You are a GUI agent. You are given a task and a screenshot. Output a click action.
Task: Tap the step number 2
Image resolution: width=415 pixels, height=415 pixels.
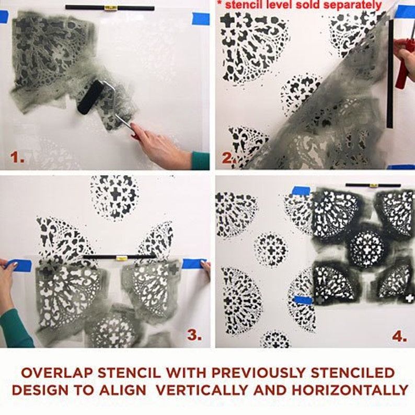point(227,157)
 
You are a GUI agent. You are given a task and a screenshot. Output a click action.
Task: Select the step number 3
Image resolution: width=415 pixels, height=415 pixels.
point(194,335)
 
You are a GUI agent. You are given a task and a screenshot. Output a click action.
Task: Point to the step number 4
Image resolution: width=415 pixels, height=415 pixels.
point(398,336)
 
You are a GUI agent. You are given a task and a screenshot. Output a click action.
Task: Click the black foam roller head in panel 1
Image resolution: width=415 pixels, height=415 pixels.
point(91,97)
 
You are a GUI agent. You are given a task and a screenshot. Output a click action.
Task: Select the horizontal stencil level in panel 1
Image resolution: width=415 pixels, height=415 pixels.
point(110,8)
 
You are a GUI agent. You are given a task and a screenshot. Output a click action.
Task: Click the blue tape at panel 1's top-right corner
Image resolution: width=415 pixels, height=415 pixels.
point(201,19)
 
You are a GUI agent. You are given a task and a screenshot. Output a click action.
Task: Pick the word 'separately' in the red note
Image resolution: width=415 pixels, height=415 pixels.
point(355,5)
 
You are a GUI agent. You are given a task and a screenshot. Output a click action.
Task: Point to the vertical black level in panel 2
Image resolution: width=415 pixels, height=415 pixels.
point(390,73)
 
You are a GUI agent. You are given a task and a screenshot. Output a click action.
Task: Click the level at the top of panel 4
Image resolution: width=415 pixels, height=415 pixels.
point(373,185)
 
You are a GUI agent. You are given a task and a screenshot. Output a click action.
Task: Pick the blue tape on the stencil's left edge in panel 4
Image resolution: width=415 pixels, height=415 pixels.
point(303,299)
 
